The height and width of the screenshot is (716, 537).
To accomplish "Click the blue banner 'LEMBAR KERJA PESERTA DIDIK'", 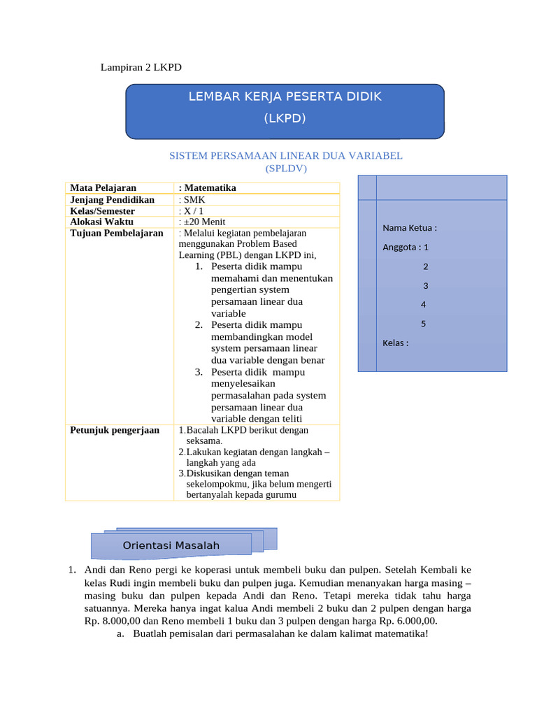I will (285, 96).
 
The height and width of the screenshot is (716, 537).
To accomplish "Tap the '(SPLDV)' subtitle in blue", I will (286, 169).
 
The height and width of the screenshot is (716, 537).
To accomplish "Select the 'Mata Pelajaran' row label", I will (103, 188).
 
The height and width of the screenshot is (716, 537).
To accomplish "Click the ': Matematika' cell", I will (208, 188).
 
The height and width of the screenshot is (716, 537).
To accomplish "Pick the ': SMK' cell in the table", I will (192, 200).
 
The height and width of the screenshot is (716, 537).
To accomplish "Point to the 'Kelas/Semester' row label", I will (103, 211).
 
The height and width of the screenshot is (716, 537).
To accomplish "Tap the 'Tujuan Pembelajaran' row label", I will (117, 234).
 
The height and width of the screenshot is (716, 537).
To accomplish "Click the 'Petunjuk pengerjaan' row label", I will (115, 430).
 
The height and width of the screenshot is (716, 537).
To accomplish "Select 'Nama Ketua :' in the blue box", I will (410, 228).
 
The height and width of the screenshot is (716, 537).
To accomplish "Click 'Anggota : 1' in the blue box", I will (406, 247).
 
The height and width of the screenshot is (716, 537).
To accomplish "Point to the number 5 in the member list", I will (423, 324).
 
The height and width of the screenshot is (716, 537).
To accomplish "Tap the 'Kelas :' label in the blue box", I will (395, 343).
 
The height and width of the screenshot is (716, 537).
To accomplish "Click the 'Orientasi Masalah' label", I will (171, 545).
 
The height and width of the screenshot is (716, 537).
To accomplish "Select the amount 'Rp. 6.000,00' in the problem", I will (405, 620).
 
